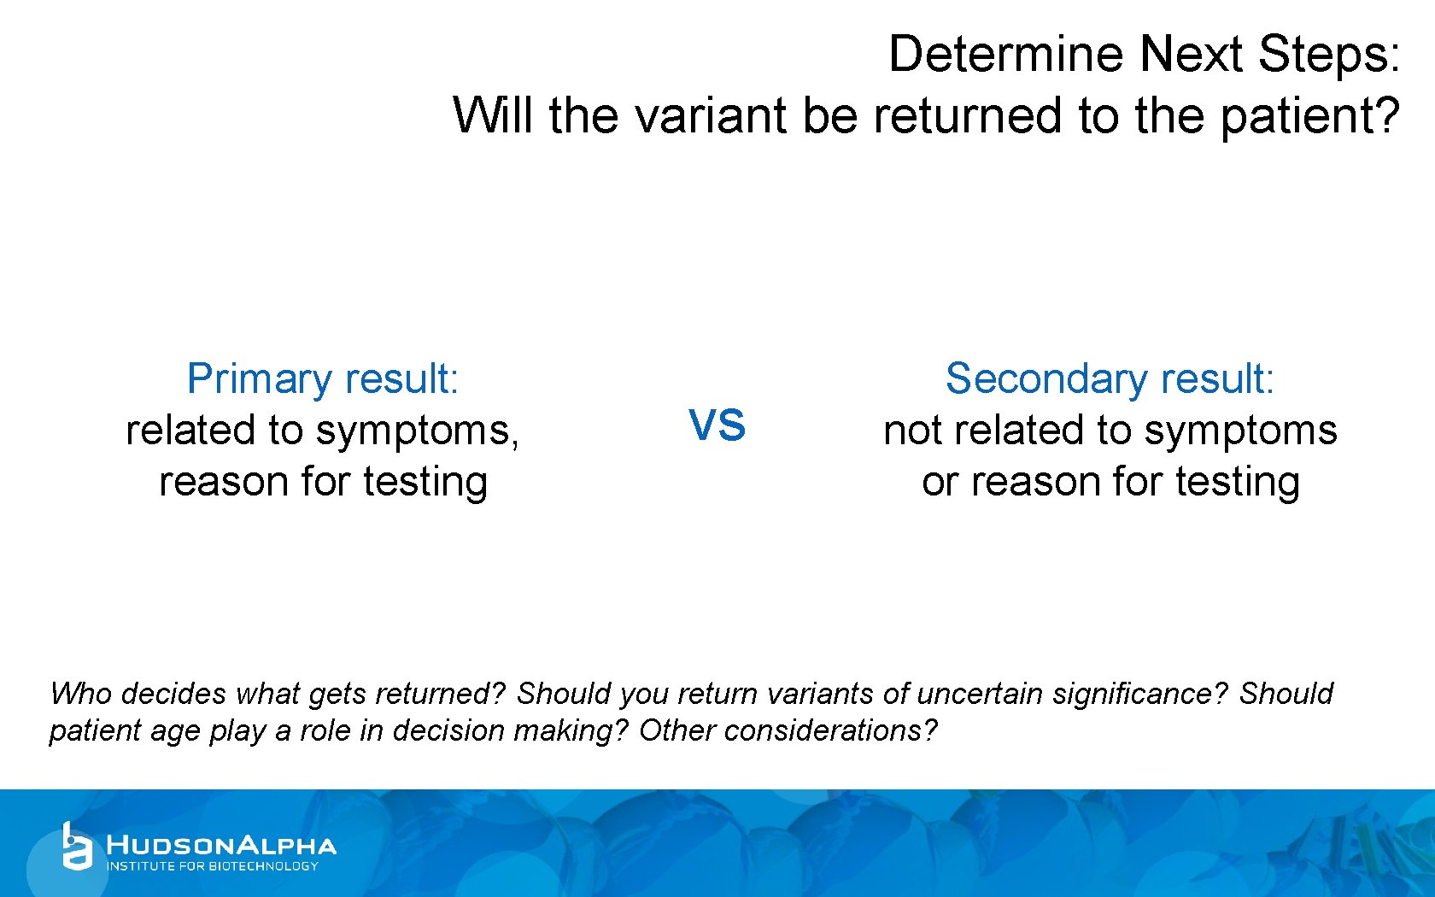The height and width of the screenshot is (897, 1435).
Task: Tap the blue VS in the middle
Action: click(x=717, y=425)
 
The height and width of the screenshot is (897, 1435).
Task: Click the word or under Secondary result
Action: click(x=940, y=483)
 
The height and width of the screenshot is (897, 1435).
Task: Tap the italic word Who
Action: click(x=79, y=694)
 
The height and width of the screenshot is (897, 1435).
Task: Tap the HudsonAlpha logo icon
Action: click(x=76, y=847)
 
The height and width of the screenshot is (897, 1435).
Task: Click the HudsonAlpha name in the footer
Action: click(x=221, y=846)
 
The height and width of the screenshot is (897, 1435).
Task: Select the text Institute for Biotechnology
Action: click(x=212, y=866)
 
